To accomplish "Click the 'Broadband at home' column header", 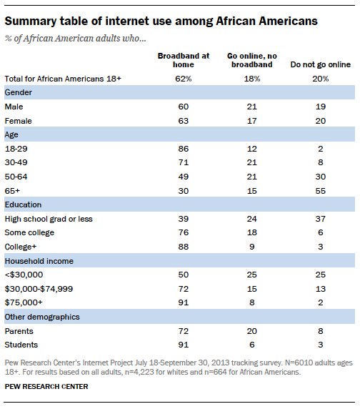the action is [x=184, y=60].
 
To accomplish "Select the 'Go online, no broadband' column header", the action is [x=252, y=60].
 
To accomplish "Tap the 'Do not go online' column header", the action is [x=321, y=64].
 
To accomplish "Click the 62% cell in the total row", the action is [x=184, y=79].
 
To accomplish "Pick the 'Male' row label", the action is [x=14, y=107].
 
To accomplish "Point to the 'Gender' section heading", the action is [x=19, y=92].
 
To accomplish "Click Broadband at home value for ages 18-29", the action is [x=184, y=149].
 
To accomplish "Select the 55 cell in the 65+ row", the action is [x=321, y=191].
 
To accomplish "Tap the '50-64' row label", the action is [x=16, y=177].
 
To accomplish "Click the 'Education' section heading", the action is [x=23, y=204].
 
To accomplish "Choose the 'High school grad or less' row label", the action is [x=49, y=219].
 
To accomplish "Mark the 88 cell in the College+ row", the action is [x=184, y=247].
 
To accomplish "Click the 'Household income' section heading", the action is [x=39, y=261].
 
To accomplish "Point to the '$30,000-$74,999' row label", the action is [x=39, y=289].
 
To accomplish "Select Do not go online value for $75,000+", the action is [x=321, y=302].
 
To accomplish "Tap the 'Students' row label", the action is [x=21, y=345].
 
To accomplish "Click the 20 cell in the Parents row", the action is [x=252, y=331].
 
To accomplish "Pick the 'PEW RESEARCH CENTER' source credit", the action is [x=46, y=387].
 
